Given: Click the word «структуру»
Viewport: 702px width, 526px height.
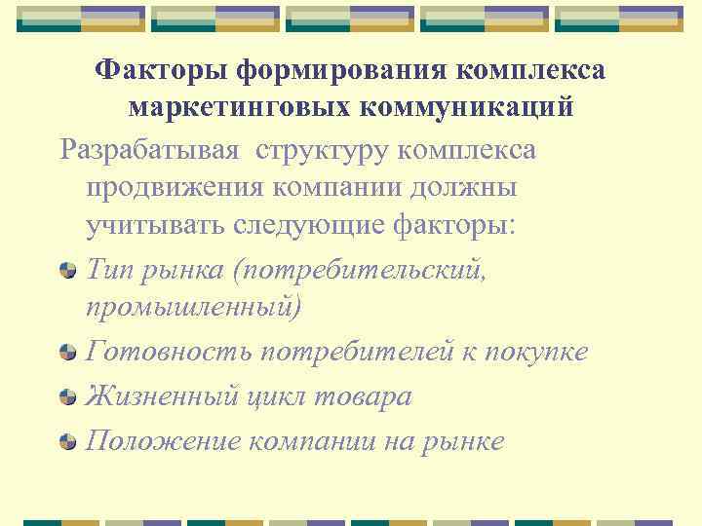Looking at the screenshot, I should coord(321,151).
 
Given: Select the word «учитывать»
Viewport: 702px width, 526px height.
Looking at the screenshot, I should coord(155,226).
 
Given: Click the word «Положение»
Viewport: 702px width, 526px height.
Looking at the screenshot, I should coord(164,441).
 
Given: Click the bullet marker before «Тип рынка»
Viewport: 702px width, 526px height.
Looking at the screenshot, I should coord(67,270).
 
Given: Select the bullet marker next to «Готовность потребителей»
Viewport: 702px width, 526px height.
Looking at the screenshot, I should coord(67,352).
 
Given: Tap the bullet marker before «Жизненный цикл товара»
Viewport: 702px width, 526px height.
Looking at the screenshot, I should coord(67,396).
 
